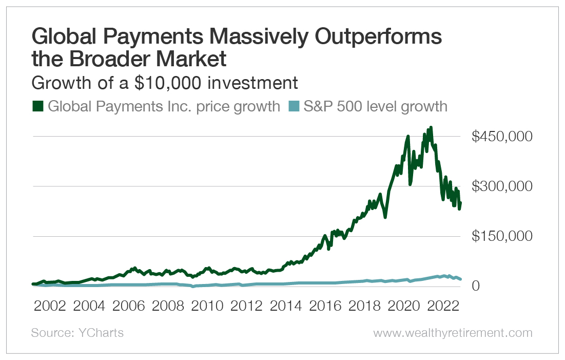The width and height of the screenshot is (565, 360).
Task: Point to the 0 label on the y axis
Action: tap(476, 286)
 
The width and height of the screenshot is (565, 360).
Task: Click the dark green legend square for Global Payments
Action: tap(37, 106)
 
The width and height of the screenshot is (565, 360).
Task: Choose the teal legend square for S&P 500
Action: tap(293, 106)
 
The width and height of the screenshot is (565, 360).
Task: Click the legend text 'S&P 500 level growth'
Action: tap(375, 106)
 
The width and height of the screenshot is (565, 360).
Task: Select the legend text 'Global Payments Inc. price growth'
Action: tap(164, 106)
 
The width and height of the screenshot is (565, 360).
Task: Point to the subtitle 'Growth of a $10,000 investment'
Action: tap(165, 83)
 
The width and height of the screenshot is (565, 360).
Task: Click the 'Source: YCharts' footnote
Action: tap(77, 333)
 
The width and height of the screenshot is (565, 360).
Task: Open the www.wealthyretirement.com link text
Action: tap(453, 333)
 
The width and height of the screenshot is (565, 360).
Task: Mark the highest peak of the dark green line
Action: tap(431, 127)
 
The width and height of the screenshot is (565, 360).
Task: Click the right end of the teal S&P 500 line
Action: tap(460, 279)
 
